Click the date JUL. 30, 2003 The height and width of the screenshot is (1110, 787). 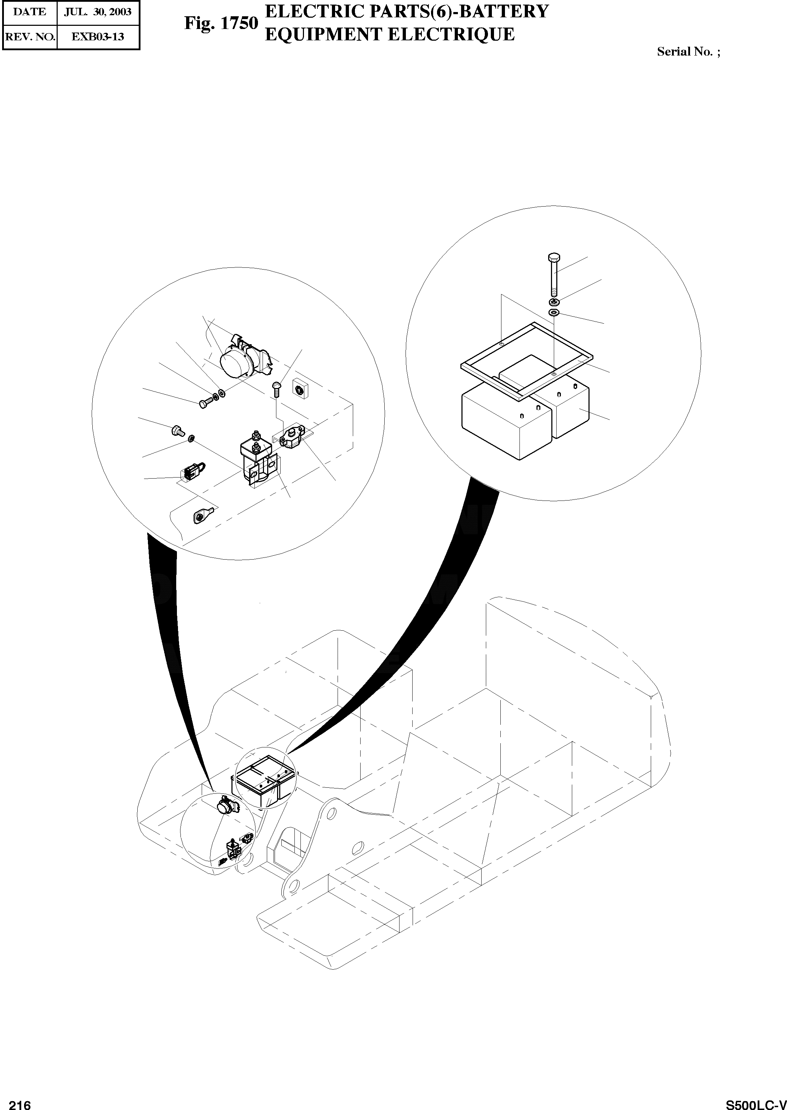tap(98, 12)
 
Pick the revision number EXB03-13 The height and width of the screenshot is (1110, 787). tap(98, 36)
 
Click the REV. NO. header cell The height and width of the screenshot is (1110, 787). tap(30, 36)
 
